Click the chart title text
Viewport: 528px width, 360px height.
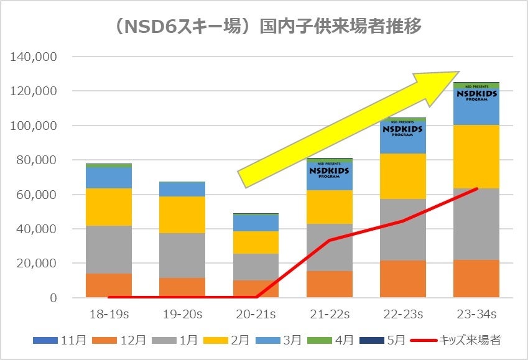(x=264, y=27)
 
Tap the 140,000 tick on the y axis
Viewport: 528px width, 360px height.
(x=34, y=57)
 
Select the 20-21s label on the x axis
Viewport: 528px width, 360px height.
(x=256, y=313)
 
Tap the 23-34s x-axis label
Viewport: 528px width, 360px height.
(x=476, y=313)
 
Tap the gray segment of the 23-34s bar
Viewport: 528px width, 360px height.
(x=476, y=224)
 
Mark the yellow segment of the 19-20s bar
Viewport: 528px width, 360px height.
(x=182, y=215)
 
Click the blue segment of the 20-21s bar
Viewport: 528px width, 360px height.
(x=256, y=223)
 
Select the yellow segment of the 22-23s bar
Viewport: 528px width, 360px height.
(x=402, y=176)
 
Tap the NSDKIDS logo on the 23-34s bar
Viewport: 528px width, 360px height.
(x=476, y=95)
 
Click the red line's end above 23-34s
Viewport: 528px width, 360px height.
(x=476, y=188)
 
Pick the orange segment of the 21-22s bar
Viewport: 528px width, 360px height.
(x=329, y=284)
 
